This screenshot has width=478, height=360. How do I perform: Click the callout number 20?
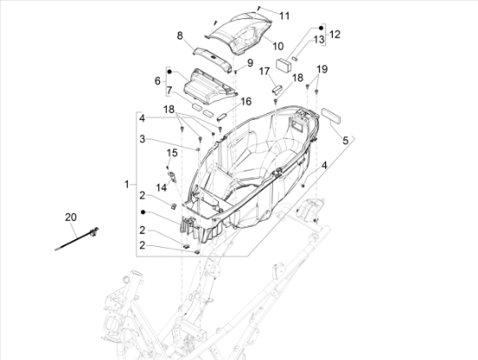[70, 217]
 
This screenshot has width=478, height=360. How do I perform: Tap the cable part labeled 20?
[76, 238]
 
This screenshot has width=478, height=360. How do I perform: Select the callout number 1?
[127, 184]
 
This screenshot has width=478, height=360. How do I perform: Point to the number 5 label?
[345, 141]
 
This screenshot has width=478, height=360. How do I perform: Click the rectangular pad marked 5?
[332, 115]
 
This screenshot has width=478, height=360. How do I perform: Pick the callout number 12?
[335, 35]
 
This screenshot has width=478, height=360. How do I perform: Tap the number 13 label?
[319, 40]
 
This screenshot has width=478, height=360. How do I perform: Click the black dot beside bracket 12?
[321, 28]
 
